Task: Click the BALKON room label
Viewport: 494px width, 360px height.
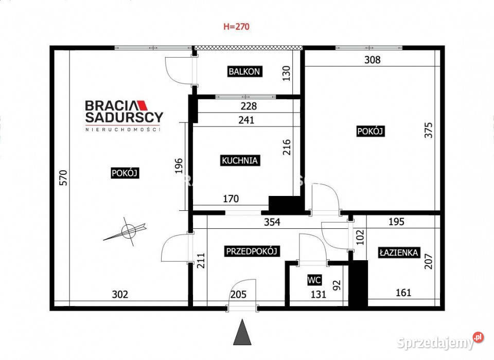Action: click(x=244, y=71)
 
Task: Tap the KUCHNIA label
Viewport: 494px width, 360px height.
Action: click(x=240, y=160)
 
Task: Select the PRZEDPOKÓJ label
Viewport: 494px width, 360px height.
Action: click(x=252, y=251)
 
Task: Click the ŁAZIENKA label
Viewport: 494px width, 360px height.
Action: click(x=399, y=253)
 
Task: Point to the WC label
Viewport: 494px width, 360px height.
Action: click(x=314, y=280)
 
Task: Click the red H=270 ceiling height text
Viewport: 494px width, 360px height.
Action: click(x=236, y=26)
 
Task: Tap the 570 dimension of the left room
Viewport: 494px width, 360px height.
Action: click(x=63, y=177)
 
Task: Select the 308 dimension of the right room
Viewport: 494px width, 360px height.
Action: click(x=372, y=60)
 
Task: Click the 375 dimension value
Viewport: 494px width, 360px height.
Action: click(x=429, y=130)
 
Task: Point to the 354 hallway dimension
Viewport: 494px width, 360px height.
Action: click(x=272, y=222)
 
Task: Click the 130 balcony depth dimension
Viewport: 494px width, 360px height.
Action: click(x=286, y=73)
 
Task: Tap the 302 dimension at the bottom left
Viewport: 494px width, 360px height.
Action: click(x=120, y=294)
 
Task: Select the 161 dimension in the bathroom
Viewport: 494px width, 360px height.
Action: click(x=403, y=293)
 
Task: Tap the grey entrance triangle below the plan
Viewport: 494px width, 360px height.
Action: click(x=242, y=332)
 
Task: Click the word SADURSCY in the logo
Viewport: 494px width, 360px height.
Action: click(x=124, y=117)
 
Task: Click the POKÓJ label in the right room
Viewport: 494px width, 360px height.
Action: click(x=370, y=131)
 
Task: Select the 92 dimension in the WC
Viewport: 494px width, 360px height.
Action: click(x=337, y=285)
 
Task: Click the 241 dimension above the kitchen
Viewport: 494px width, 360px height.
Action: click(x=246, y=120)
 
